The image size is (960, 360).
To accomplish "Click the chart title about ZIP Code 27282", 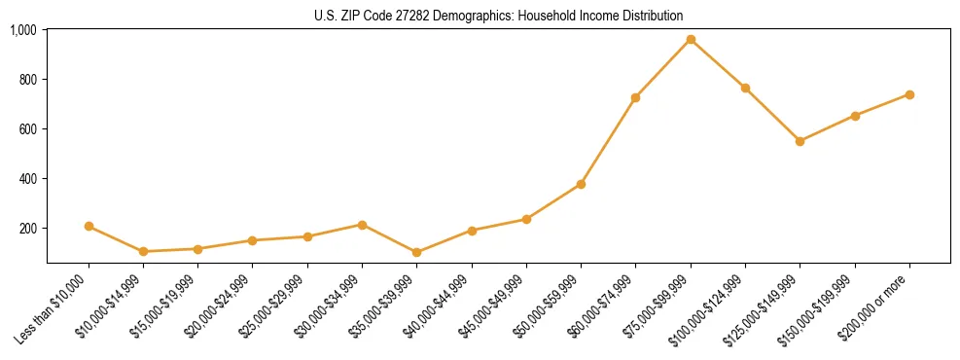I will pyautogui.click(x=499, y=16).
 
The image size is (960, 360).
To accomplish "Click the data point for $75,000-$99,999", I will pyautogui.click(x=691, y=39).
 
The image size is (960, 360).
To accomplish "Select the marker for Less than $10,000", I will pyautogui.click(x=89, y=226).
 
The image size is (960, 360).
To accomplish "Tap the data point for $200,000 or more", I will pyautogui.click(x=909, y=94).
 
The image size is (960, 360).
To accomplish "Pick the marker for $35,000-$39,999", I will pyautogui.click(x=416, y=252).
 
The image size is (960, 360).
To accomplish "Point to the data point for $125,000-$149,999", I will pyautogui.click(x=800, y=141).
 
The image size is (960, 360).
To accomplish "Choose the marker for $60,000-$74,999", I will pyautogui.click(x=635, y=97).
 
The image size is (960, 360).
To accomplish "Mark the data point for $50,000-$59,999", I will pyautogui.click(x=581, y=184).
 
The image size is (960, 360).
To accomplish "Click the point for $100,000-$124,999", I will pyautogui.click(x=745, y=88).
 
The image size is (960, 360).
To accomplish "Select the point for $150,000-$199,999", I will pyautogui.click(x=855, y=116).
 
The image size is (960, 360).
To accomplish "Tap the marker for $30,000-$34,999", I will pyautogui.click(x=362, y=225).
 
